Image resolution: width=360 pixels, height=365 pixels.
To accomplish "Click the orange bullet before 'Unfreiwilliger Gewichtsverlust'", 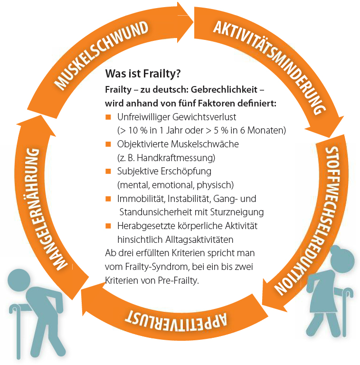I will point(108,117).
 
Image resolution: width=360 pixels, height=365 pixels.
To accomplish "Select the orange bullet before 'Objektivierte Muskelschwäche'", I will point(108,144).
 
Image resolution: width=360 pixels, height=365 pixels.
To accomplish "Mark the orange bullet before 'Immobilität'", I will point(108,198).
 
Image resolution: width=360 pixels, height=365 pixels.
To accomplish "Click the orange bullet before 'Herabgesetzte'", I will point(108,225).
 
